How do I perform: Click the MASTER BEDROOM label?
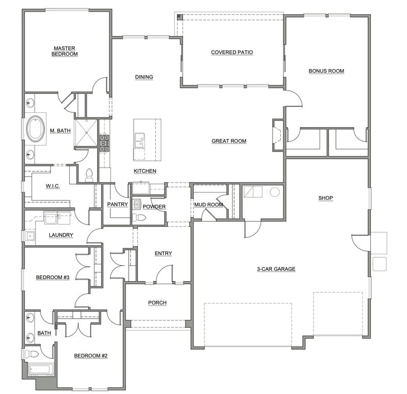tap(65, 51)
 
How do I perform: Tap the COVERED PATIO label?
tap(232, 52)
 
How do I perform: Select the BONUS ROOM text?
tap(326, 71)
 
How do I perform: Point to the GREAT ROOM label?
tap(229, 141)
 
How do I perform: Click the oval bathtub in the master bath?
tap(36, 129)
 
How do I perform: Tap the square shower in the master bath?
tap(86, 133)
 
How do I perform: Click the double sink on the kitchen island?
tap(139, 141)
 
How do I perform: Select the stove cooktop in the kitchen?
tap(104, 143)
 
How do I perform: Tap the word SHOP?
tap(326, 198)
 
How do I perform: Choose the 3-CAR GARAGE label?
tap(276, 269)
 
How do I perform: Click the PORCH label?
tap(157, 302)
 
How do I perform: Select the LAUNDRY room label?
tap(61, 235)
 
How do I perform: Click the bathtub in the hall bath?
tap(41, 370)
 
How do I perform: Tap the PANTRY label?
tap(118, 204)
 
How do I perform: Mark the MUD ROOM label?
tap(209, 205)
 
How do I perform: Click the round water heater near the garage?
tap(275, 192)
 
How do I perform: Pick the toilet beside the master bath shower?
tap(89, 175)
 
